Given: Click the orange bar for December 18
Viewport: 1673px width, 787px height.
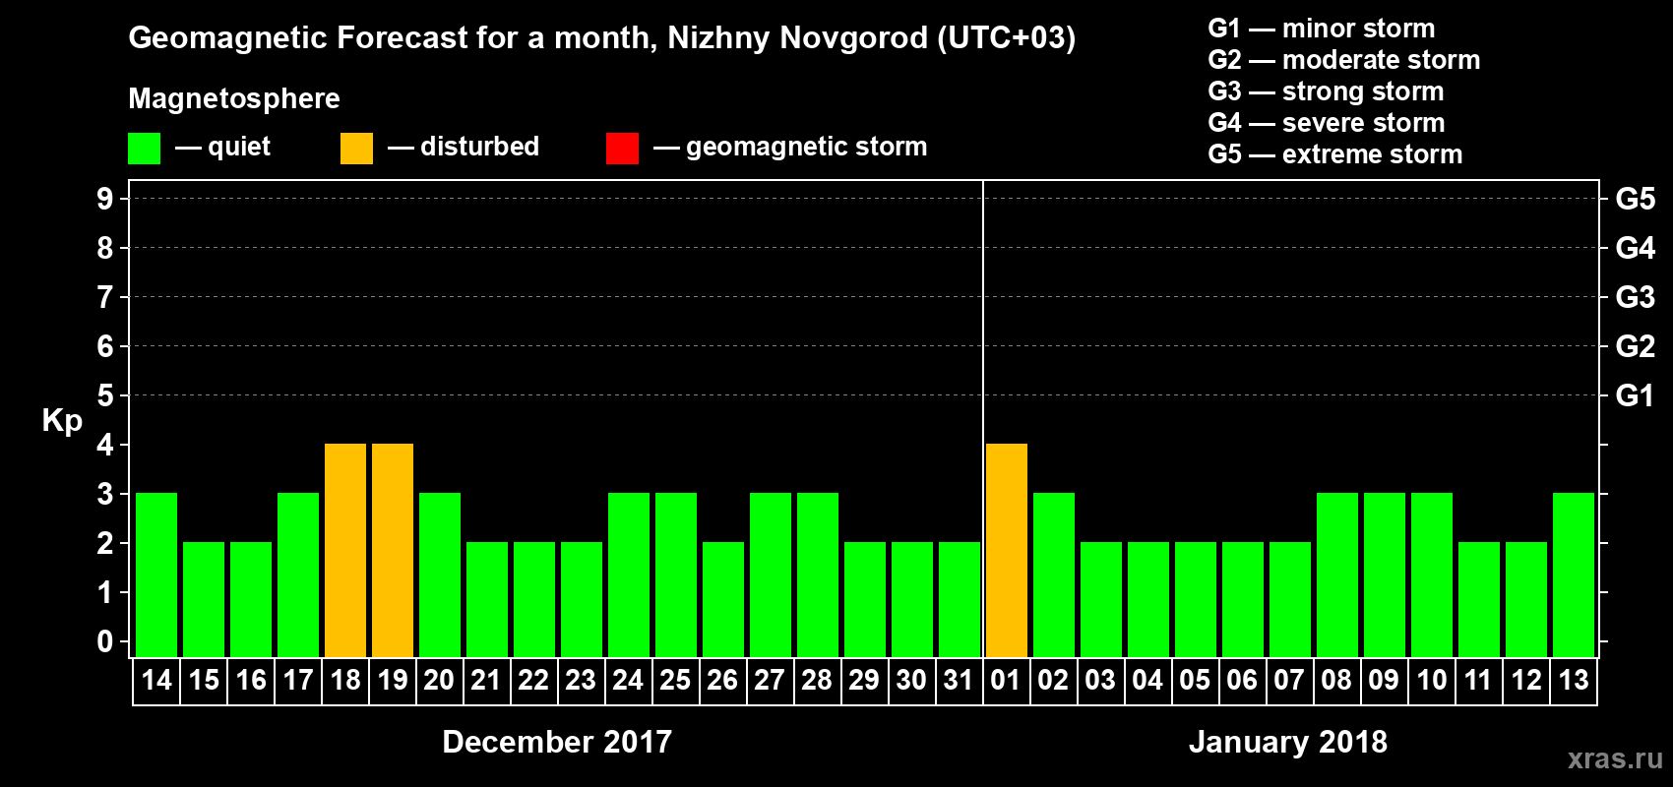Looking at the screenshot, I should pyautogui.click(x=345, y=550).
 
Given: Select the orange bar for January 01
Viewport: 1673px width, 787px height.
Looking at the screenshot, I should pyautogui.click(x=1007, y=550).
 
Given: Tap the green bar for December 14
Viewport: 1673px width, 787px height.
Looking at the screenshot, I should pyautogui.click(x=156, y=575).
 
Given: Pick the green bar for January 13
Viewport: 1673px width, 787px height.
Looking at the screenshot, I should pyautogui.click(x=1574, y=575).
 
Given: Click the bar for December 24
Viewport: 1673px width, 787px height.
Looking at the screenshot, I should pyautogui.click(x=629, y=575).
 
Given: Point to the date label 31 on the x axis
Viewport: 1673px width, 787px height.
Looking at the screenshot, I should pyautogui.click(x=959, y=680).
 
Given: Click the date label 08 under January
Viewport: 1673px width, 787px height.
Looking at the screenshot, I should pyautogui.click(x=1336, y=680).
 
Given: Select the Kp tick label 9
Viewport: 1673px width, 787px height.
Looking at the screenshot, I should pyautogui.click(x=105, y=199).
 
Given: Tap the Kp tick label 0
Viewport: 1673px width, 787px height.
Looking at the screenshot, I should pyautogui.click(x=105, y=641).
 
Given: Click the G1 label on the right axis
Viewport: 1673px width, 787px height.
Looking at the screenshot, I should pyautogui.click(x=1635, y=395).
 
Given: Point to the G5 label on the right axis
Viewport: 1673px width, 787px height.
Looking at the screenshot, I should pyautogui.click(x=1635, y=199).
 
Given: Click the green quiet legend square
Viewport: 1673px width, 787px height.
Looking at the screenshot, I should pyautogui.click(x=145, y=149).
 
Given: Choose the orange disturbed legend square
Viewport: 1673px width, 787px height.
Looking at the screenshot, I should pyautogui.click(x=357, y=149).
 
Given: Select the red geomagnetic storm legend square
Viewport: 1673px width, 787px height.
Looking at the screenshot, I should pyautogui.click(x=623, y=149).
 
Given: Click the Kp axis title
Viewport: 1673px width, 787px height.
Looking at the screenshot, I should pyautogui.click(x=62, y=420).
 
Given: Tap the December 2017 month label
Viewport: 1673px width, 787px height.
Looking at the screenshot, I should pyautogui.click(x=557, y=742).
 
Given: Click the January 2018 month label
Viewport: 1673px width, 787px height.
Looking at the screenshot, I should pyautogui.click(x=1288, y=742).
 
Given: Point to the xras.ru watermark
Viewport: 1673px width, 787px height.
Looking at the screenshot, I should pyautogui.click(x=1615, y=758).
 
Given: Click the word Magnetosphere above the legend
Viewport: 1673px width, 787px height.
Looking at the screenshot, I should pyautogui.click(x=234, y=98).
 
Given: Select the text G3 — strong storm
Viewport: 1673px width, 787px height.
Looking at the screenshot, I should pyautogui.click(x=1326, y=91).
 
